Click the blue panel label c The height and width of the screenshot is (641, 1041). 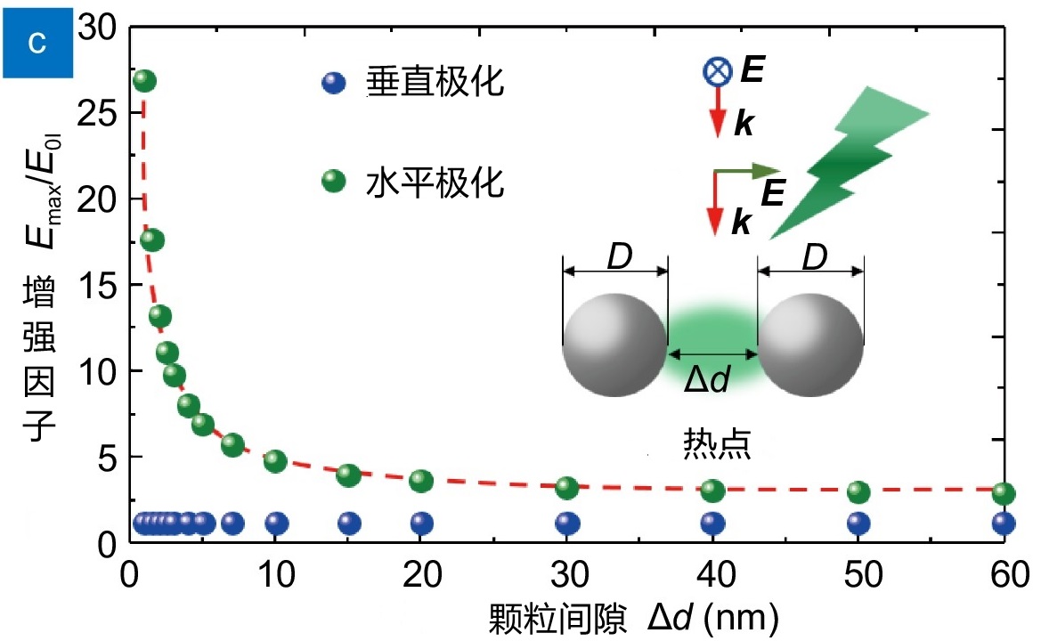[37, 43]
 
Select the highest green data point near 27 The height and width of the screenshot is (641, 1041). [145, 81]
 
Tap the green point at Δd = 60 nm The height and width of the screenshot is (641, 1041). [1004, 493]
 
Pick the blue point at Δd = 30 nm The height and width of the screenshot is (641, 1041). [567, 523]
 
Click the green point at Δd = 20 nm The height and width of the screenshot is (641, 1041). [421, 481]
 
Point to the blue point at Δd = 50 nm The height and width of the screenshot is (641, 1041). [858, 523]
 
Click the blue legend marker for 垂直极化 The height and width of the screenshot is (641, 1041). [333, 82]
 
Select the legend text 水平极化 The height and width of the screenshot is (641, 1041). [435, 182]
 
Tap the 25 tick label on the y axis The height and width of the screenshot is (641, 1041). [96, 113]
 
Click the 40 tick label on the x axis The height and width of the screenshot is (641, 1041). [715, 574]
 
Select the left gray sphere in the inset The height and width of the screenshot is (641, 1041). [614, 345]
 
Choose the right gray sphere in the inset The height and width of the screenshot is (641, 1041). [810, 345]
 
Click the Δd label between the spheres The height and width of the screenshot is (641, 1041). [708, 379]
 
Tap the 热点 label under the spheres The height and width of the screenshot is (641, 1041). [717, 443]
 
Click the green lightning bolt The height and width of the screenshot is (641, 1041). [850, 163]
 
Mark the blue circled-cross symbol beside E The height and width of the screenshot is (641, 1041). [718, 71]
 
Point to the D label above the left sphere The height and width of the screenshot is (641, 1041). [620, 256]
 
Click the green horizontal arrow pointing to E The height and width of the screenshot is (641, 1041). [746, 172]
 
